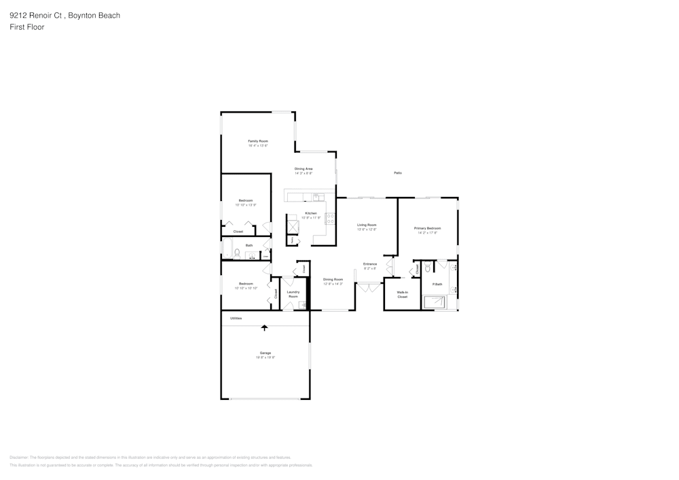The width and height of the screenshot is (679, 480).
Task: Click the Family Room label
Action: coord(258,141)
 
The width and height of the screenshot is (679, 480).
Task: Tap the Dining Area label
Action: coord(304,168)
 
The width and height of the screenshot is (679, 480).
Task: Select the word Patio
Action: coord(398,173)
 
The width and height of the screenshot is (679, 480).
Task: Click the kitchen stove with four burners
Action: coord(331,219)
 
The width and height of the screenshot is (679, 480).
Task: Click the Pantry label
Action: coord(293,240)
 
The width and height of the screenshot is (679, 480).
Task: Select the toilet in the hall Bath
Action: coord(237,254)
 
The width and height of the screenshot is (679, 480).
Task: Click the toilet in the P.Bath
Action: coord(428,269)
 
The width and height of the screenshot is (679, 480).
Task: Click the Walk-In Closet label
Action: coord(402,295)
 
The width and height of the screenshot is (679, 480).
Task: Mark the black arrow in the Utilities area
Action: coord(264,327)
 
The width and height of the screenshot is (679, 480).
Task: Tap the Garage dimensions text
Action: coord(265,357)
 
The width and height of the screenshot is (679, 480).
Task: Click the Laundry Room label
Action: coord(293,294)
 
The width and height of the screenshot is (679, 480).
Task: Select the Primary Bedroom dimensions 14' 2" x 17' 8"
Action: coord(428,233)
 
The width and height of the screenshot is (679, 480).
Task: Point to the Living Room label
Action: coord(367,225)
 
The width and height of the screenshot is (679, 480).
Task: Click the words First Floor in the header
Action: coord(27,27)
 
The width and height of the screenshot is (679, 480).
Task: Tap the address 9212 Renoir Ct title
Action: coord(65,15)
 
